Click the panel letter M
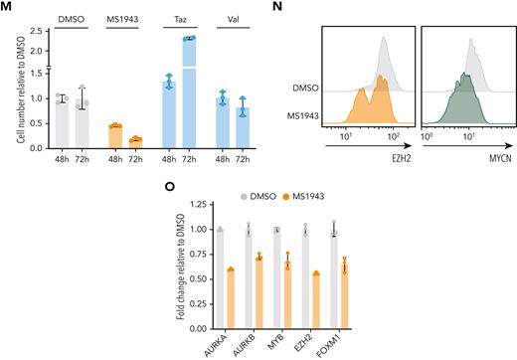pos(9,8)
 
